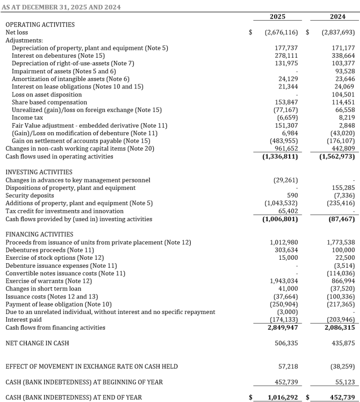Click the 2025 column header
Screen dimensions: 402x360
point(277,17)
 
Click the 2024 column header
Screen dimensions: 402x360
point(337,17)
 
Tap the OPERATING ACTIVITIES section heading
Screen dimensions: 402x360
point(40,25)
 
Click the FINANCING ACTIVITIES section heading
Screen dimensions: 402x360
point(39,234)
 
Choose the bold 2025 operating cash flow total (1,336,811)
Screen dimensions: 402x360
point(280,156)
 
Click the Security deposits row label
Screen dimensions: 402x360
point(30,195)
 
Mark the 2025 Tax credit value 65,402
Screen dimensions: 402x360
point(288,211)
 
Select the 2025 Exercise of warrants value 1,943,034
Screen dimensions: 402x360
point(284,281)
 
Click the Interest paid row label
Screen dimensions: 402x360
point(24,320)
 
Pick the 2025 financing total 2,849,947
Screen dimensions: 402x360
point(281,328)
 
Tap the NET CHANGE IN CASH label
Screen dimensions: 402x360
point(37,343)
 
